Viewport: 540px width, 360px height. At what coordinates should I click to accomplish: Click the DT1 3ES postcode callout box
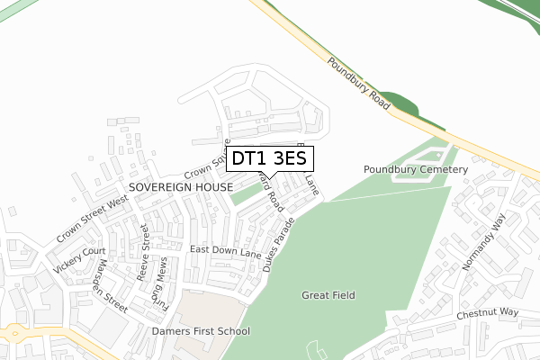click(x=269, y=158)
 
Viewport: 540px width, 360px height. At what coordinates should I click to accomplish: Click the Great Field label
click(x=328, y=295)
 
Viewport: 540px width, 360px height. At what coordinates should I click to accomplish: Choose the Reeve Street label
click(x=143, y=260)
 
